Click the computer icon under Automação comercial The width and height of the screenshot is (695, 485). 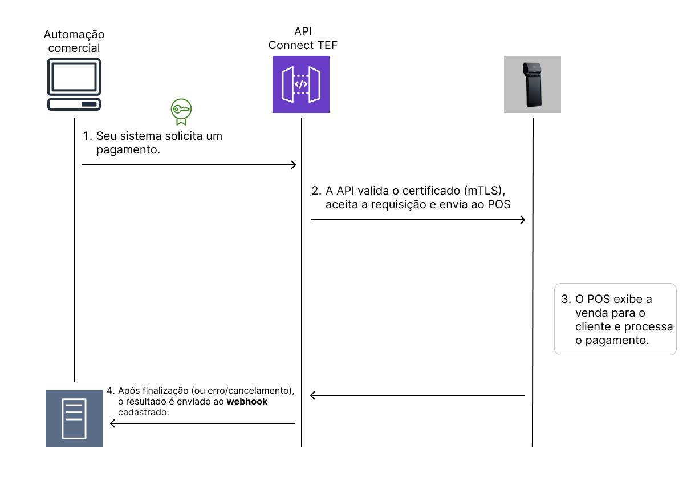(x=74, y=84)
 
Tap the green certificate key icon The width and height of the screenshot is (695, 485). (x=181, y=111)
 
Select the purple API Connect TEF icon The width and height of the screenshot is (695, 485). (x=301, y=84)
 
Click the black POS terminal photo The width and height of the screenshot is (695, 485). (x=533, y=84)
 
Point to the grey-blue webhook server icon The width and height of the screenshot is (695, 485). (x=74, y=418)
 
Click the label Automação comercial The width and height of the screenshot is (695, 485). (x=74, y=41)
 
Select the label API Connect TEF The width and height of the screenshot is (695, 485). (x=303, y=38)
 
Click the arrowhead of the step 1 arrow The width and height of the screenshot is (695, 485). (x=294, y=165)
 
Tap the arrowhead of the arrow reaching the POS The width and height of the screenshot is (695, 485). (x=522, y=220)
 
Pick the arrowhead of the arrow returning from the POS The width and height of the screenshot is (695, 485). (x=313, y=395)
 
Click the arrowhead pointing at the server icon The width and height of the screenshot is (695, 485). (x=113, y=423)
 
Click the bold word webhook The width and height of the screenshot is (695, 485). (x=247, y=402)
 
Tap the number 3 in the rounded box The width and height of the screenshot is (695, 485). (x=565, y=300)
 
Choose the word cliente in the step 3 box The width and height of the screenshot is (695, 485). (x=593, y=327)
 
